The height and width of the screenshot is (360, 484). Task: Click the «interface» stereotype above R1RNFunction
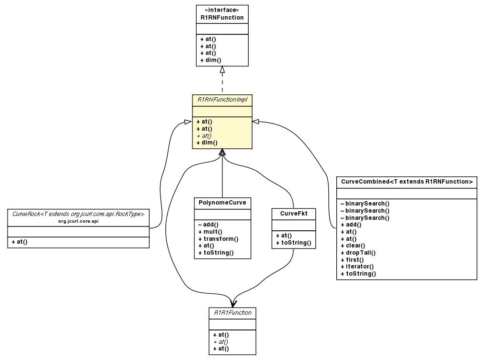point(222,10)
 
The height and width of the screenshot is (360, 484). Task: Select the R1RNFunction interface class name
point(222,18)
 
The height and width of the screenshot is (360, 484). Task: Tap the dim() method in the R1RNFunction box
point(211,61)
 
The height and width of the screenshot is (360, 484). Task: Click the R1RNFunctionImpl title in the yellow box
point(222,100)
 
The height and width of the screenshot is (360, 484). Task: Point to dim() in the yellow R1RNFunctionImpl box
point(207,143)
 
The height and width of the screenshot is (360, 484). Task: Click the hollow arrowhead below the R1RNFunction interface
point(222,70)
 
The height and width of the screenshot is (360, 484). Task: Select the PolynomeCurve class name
point(222,203)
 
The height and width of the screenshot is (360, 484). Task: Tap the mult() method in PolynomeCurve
point(210,232)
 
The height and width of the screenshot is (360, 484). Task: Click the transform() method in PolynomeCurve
point(218,238)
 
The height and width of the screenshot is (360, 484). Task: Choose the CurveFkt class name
point(293,214)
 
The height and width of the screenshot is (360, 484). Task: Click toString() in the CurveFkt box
point(293,243)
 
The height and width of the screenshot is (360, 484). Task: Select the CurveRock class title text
point(78,214)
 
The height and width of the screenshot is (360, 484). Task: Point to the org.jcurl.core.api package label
point(78,221)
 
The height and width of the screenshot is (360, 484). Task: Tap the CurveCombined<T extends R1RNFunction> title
point(406,182)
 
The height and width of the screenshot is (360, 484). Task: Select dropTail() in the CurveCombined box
point(358,253)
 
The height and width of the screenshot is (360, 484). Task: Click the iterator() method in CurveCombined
point(357,267)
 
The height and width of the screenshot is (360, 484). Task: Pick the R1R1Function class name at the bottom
point(232,313)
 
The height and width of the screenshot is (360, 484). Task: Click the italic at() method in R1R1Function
point(221,342)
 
